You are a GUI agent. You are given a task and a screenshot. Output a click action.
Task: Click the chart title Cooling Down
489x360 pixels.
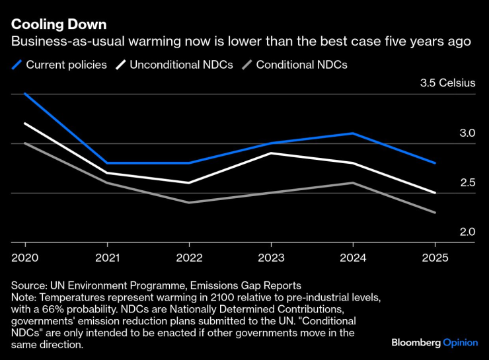pyautogui.click(x=59, y=24)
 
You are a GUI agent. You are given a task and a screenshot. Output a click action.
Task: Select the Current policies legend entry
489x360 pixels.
pyautogui.click(x=65, y=65)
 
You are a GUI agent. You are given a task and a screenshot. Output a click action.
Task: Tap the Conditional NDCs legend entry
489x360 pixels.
pyautogui.click(x=301, y=65)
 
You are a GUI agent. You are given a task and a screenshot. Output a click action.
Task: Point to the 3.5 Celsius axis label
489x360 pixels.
pyautogui.click(x=447, y=84)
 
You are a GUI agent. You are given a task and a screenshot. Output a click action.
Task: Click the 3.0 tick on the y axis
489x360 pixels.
pyautogui.click(x=467, y=133)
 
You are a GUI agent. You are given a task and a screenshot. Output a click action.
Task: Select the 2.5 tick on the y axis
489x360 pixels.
pyautogui.click(x=467, y=183)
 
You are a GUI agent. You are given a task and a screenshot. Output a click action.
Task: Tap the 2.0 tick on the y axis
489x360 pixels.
pyautogui.click(x=467, y=233)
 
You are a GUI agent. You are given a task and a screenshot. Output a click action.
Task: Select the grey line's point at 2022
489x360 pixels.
pyautogui.click(x=189, y=203)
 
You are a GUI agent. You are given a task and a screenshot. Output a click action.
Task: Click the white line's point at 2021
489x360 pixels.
pyautogui.click(x=106, y=173)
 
